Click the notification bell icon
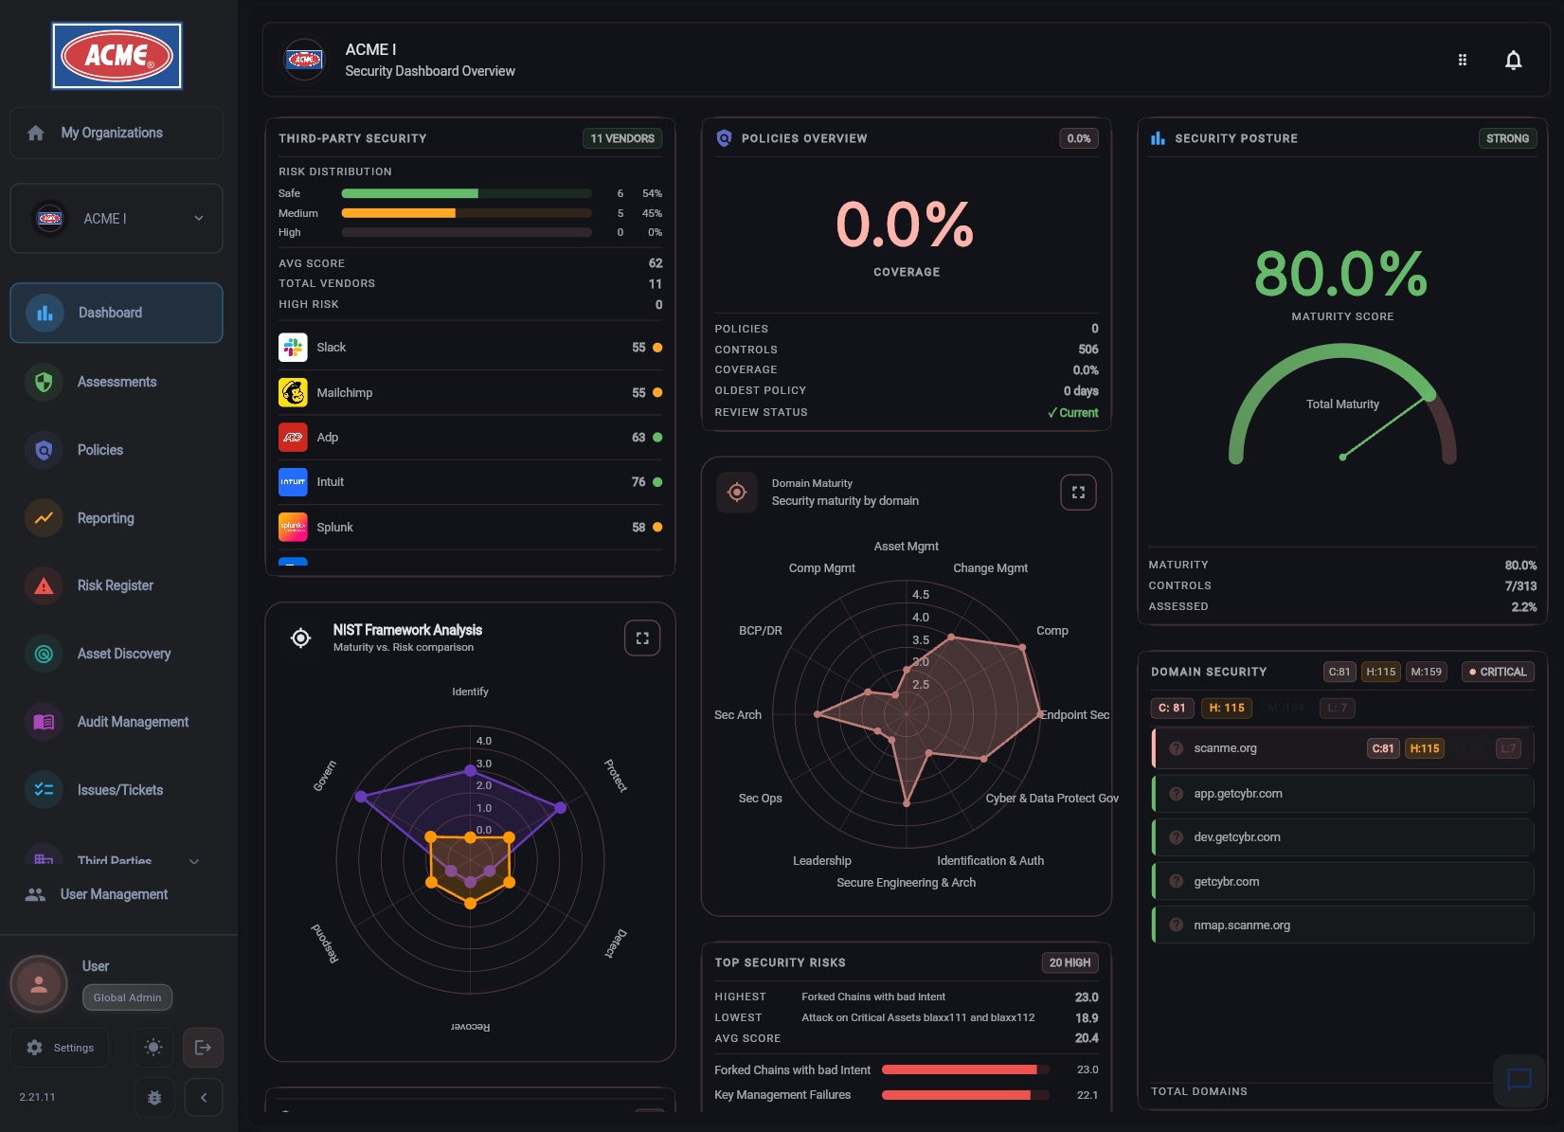1513,61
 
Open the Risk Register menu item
115,585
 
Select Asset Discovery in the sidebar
123,654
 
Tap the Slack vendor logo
293,348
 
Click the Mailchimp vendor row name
344,392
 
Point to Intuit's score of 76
638,482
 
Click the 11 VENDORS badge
621,138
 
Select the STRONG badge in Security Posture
1506,138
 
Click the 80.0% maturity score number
1340,274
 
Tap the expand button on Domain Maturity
1077,493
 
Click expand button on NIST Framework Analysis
641,638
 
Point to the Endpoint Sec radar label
1074,715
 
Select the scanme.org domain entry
1225,748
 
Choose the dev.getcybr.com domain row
1236,837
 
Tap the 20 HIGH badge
1069,962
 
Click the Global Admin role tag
127,997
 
